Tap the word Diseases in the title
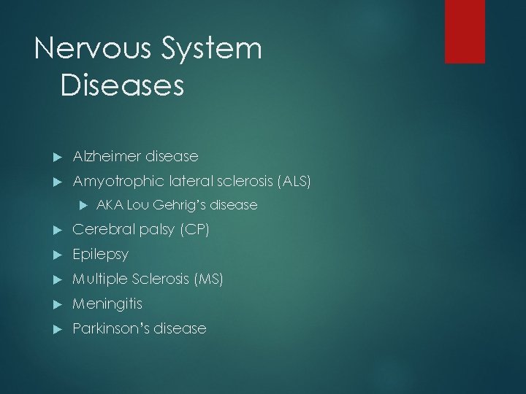pyautogui.click(x=122, y=85)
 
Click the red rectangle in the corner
pyautogui.click(x=465, y=31)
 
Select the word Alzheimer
pyautogui.click(x=107, y=156)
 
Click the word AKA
pyautogui.click(x=108, y=205)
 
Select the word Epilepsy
pyautogui.click(x=100, y=255)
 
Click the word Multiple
pyautogui.click(x=99, y=279)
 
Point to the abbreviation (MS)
pyautogui.click(x=207, y=279)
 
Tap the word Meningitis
pyautogui.click(x=107, y=304)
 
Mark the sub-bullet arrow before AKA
pyautogui.click(x=83, y=206)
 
